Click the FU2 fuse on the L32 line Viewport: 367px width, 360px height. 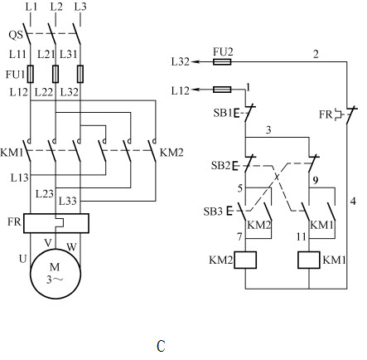pyautogui.click(x=222, y=61)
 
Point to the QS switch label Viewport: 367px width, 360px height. pyautogui.click(x=16, y=35)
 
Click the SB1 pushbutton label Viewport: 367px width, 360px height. pyautogui.click(x=223, y=113)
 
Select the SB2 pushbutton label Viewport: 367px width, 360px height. pyautogui.click(x=220, y=165)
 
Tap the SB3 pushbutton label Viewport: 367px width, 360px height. pyautogui.click(x=213, y=212)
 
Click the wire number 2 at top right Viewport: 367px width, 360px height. pyautogui.click(x=316, y=54)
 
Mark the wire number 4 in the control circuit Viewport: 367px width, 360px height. pyautogui.click(x=353, y=201)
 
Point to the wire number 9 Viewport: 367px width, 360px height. pyautogui.click(x=316, y=180)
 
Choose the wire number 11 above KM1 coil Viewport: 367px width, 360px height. pyautogui.click(x=302, y=236)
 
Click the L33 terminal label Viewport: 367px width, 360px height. pyautogui.click(x=68, y=201)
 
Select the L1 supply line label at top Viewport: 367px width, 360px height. pyautogui.click(x=31, y=7)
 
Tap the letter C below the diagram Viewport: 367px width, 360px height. pyautogui.click(x=161, y=346)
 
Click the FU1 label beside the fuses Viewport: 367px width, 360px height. pyautogui.click(x=16, y=75)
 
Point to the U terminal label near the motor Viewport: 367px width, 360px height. pyautogui.click(x=22, y=259)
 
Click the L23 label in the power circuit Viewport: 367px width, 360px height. pyautogui.click(x=45, y=193)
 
